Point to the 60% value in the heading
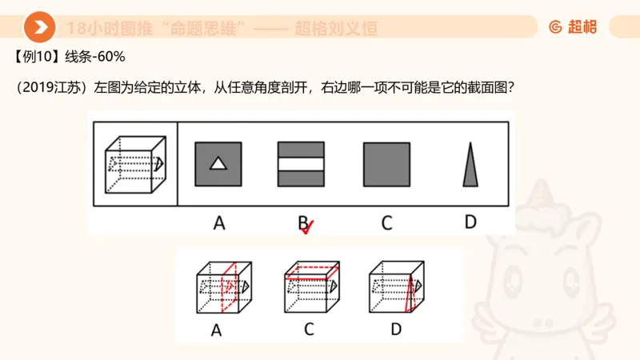click(x=111, y=58)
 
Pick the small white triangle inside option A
click(x=218, y=164)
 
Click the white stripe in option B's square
click(x=301, y=164)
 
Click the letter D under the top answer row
click(x=470, y=222)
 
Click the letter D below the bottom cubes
click(x=396, y=329)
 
